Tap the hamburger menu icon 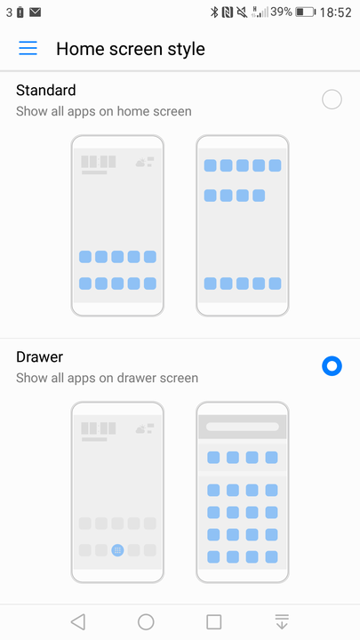(28, 48)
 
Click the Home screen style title (131, 49)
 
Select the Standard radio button (332, 100)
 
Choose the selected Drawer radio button (332, 366)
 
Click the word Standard (45, 90)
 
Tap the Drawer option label (39, 356)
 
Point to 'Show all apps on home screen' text (104, 111)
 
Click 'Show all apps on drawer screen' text (107, 378)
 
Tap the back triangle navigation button (78, 622)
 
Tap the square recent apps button (214, 622)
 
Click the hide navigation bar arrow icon (282, 622)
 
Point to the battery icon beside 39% (305, 12)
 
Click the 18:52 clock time (335, 12)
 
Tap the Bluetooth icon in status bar (214, 12)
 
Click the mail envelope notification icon (35, 12)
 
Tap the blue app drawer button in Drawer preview (117, 550)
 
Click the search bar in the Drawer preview (243, 427)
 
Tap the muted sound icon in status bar (242, 12)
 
